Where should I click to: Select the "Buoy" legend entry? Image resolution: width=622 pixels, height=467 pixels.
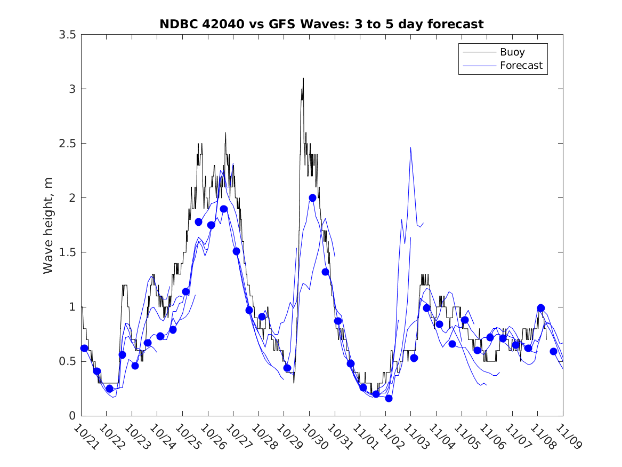(x=512, y=52)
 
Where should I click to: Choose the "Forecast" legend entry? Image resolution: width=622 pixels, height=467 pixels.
(x=521, y=66)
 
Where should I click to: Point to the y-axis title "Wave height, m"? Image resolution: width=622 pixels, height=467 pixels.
(x=49, y=225)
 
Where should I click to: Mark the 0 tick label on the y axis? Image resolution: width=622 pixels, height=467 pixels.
(x=72, y=416)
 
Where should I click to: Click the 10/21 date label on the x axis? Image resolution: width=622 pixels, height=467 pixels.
(x=85, y=437)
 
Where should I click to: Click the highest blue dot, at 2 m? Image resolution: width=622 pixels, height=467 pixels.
(x=312, y=197)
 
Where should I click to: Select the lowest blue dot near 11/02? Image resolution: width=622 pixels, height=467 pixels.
(x=389, y=398)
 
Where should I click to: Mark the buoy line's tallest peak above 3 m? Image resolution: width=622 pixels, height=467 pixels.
(x=303, y=78)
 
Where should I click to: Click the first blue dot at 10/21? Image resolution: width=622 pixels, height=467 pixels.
(x=84, y=348)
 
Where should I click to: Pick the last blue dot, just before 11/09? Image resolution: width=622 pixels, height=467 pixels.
(x=553, y=351)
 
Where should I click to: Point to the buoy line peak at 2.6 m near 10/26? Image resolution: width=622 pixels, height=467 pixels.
(x=225, y=133)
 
